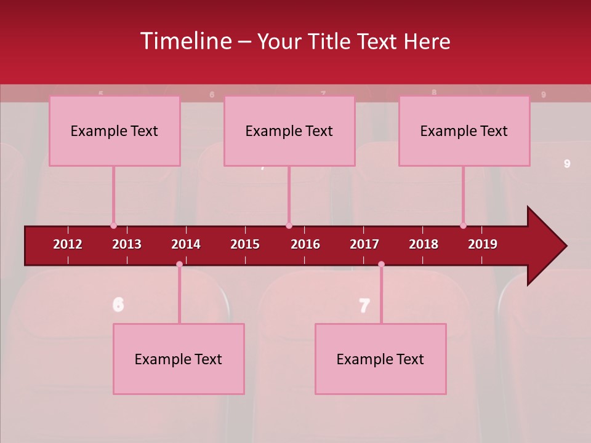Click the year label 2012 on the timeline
68,244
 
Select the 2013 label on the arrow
127,244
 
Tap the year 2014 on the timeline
186,244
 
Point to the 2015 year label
245,244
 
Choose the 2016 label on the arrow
305,244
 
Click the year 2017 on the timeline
364,244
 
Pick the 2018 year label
424,244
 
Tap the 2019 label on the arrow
483,244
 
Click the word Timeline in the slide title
185,41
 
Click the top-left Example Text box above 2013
115,130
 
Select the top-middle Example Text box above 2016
289,130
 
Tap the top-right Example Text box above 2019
464,130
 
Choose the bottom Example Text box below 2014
179,359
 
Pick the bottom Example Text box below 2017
380,359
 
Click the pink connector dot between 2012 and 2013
113,226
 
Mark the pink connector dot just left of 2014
179,264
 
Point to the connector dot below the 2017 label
381,264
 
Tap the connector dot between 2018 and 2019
463,226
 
